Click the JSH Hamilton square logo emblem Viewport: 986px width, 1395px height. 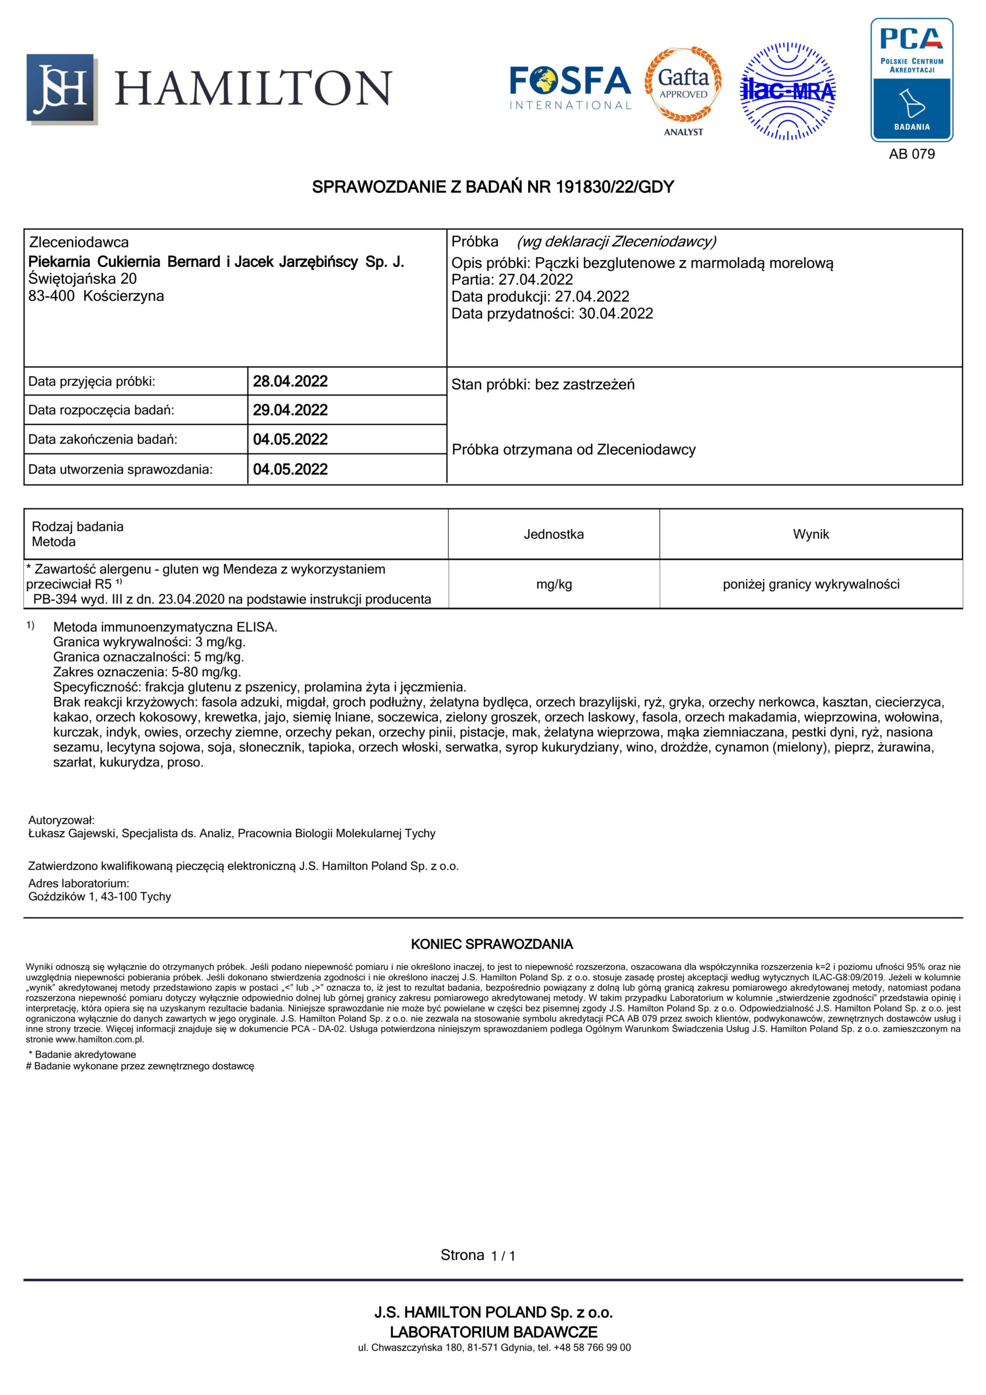point(61,89)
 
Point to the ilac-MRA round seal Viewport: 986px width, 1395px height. point(787,91)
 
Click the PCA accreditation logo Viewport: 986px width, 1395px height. point(911,80)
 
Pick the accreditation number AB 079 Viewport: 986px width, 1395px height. point(911,154)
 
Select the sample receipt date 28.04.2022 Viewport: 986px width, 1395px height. point(290,381)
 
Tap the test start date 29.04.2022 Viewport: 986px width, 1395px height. point(290,410)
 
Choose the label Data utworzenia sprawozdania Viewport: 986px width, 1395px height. point(120,470)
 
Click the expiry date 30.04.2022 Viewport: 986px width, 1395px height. point(616,313)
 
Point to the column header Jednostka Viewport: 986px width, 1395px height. point(553,535)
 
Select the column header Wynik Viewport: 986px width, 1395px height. point(810,535)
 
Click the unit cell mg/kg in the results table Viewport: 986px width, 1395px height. point(553,585)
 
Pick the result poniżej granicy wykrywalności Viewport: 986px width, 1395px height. point(810,585)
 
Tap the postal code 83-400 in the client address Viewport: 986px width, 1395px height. point(51,296)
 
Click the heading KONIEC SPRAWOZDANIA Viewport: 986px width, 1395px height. point(492,944)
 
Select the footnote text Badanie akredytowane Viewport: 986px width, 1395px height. point(85,1055)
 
